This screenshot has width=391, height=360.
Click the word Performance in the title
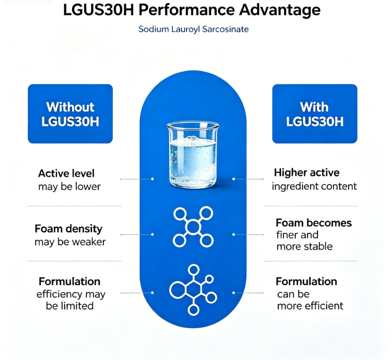186,10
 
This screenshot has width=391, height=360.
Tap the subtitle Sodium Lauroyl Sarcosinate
194,29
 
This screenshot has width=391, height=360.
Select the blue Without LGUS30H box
70,114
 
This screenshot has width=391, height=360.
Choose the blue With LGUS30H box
315,114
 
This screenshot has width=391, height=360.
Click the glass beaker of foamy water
193,154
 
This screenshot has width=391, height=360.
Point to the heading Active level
67,173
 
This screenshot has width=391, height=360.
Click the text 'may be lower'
69,187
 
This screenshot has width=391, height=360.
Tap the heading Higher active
306,172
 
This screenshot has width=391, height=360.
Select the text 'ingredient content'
314,186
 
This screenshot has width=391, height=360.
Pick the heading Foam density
68,229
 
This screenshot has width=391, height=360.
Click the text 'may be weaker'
70,242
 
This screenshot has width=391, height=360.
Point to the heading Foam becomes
314,223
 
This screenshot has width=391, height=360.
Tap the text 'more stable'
305,247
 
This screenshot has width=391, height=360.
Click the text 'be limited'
70,306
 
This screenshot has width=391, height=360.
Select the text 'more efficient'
310,306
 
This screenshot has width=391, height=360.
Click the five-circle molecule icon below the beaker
193,227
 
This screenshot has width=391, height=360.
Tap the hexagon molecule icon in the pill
193,290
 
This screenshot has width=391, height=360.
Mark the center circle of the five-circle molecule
193,227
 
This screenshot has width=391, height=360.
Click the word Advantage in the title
280,10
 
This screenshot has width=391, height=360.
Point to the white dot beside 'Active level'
153,179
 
